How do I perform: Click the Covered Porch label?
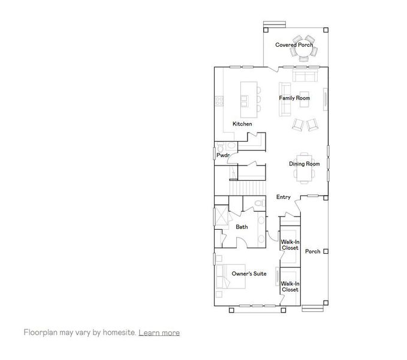pos(294,45)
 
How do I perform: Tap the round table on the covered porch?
pos(304,53)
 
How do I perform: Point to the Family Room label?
pos(294,98)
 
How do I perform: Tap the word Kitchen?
pos(242,124)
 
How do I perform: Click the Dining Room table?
pos(304,173)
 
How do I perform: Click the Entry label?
pos(283,197)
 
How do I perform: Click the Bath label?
pos(242,227)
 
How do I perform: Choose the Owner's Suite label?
pos(249,274)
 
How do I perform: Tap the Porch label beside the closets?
pos(312,251)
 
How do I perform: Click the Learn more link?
pos(159,332)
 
